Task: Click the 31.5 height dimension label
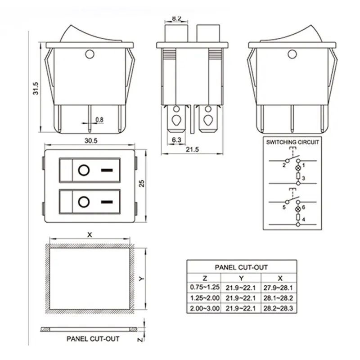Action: [x=35, y=88]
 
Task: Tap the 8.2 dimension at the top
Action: [x=177, y=19]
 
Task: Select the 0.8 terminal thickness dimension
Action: [x=99, y=120]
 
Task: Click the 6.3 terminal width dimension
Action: [x=176, y=140]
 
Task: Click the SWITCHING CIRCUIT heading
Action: [x=292, y=142]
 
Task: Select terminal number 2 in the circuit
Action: [x=284, y=165]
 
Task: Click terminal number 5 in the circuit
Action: [x=284, y=207]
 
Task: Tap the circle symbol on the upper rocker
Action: [x=83, y=171]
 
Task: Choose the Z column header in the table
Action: [x=204, y=278]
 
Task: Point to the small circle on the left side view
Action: [x=89, y=55]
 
